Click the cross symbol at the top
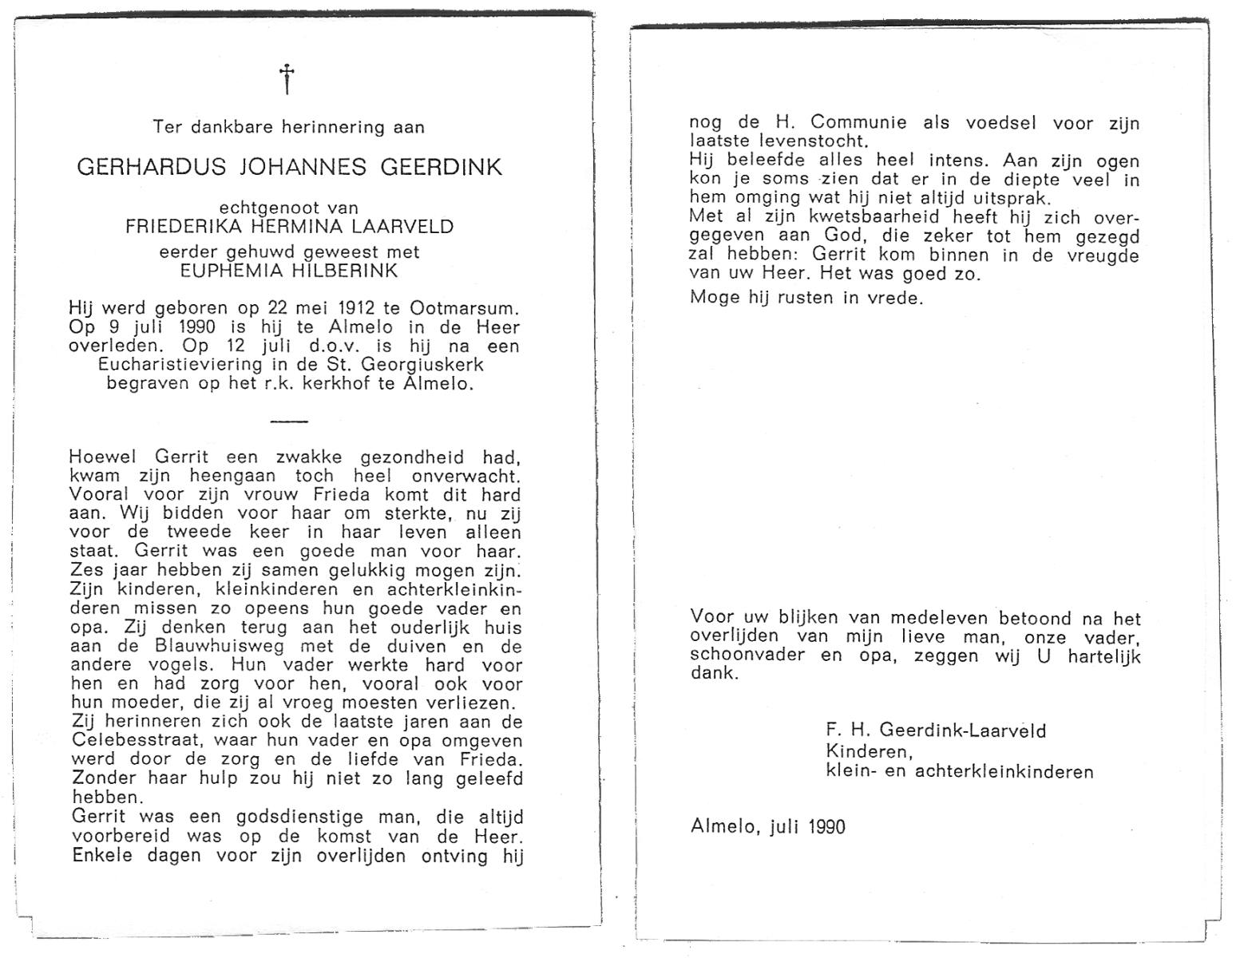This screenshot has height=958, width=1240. (287, 79)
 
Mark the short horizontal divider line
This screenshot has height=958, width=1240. (288, 421)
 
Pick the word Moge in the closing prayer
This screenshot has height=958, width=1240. (715, 299)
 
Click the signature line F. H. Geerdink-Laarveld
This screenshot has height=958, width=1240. (936, 730)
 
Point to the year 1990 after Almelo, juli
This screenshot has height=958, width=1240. (826, 826)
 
